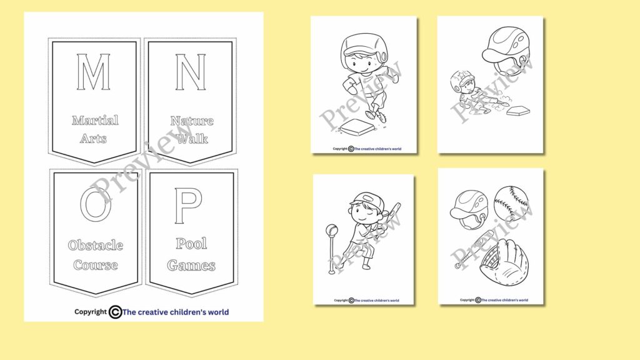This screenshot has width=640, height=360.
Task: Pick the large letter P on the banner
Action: click(x=188, y=206)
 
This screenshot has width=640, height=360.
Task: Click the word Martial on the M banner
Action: click(x=95, y=120)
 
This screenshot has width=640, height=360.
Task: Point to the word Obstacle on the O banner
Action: click(x=95, y=245)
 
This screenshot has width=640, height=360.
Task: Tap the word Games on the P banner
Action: click(x=191, y=265)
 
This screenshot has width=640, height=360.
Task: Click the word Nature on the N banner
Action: click(x=192, y=120)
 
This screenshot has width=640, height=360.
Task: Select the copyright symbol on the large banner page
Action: click(x=115, y=312)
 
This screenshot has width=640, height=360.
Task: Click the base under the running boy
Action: click(x=353, y=128)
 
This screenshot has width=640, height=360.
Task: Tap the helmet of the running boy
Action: click(x=361, y=47)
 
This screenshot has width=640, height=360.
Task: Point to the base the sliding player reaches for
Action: click(x=518, y=111)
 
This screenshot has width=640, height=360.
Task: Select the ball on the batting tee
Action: click(x=332, y=231)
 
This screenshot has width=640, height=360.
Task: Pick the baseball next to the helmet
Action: click(x=511, y=203)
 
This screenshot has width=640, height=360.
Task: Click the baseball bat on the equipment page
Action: click(x=474, y=249)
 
